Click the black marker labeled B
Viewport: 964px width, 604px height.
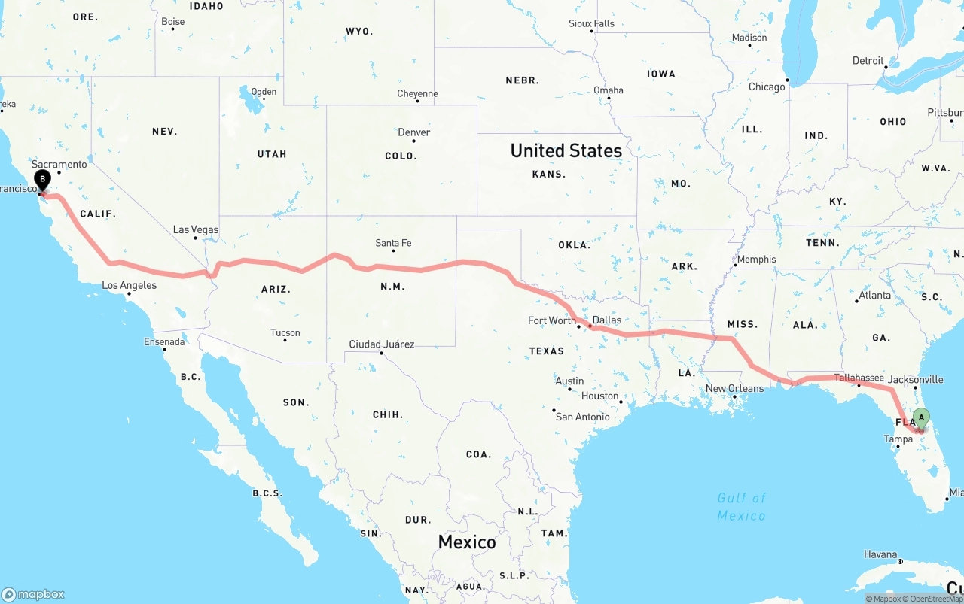[43, 181]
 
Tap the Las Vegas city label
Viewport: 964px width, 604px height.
[196, 229]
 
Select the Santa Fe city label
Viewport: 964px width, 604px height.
[394, 243]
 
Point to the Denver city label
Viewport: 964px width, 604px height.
[414, 132]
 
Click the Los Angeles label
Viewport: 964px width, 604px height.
[130, 285]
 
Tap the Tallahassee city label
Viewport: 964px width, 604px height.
[859, 378]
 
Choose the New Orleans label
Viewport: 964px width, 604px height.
[734, 389]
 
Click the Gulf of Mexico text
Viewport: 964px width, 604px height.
[742, 506]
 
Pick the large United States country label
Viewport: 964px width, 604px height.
[566, 150]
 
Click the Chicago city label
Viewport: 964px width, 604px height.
[767, 87]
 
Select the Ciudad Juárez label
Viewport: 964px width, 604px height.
[382, 344]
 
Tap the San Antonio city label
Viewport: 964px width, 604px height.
[582, 417]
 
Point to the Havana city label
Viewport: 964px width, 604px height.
[880, 554]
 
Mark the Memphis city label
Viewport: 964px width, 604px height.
[756, 260]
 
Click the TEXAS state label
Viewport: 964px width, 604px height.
[547, 351]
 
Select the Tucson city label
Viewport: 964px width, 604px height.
[285, 332]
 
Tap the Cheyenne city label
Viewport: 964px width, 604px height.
[417, 94]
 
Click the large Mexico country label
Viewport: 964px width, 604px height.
[467, 542]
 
